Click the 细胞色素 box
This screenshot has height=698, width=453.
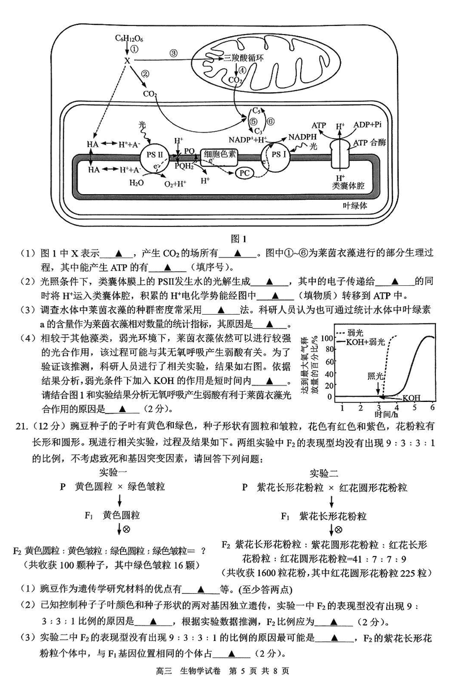(x=218, y=153)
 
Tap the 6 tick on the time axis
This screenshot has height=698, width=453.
(x=433, y=407)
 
